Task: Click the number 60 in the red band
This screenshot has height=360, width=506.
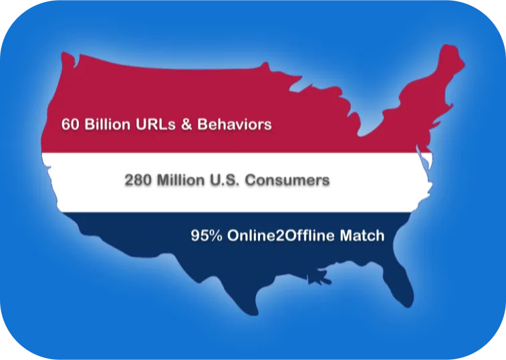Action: [x=70, y=124]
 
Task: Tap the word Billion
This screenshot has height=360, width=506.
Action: [x=107, y=124]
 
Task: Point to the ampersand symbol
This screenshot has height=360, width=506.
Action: [x=186, y=124]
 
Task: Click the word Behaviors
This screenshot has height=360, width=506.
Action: [x=234, y=124]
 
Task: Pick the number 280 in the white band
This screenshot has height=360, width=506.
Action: [x=138, y=180]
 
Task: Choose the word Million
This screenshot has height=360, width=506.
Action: [x=180, y=180]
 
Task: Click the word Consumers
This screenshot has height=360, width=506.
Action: [x=287, y=180]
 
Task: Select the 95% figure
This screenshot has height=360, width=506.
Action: [x=207, y=236]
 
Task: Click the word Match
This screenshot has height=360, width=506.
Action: [x=362, y=236]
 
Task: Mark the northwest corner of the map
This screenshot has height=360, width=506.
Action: [x=63, y=53]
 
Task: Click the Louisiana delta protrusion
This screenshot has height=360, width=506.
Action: [x=318, y=278]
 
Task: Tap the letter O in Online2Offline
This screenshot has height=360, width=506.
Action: [x=233, y=236]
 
